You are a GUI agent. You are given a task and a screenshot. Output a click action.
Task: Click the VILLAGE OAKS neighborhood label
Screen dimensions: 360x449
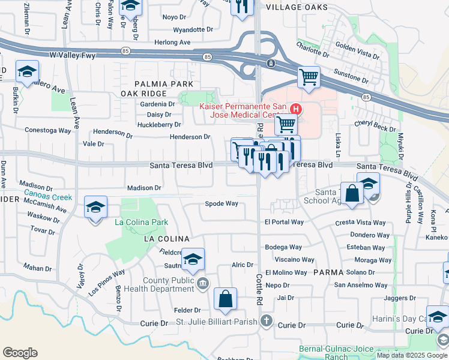tap(297, 7)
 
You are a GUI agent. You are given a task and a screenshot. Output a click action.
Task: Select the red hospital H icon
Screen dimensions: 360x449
tap(295, 109)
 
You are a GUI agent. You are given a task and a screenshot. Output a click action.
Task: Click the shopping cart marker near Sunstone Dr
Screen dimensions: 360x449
tap(309, 77)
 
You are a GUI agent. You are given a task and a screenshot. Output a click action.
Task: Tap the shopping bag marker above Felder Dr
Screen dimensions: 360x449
tap(225, 299)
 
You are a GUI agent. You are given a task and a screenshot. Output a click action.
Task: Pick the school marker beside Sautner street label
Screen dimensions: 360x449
tap(193, 259)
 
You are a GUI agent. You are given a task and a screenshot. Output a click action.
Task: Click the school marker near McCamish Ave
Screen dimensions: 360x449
tap(95, 208)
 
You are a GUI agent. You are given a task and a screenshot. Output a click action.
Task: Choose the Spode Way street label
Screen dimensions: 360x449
tap(221, 203)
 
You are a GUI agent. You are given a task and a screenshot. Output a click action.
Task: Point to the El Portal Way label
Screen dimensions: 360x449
tap(284, 222)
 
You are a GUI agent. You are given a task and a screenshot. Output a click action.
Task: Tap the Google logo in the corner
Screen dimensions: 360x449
tap(20, 353)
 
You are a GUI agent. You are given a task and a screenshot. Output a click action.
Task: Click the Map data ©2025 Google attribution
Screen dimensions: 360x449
tap(412, 355)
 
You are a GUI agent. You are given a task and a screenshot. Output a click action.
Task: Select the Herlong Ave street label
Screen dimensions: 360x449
tap(172, 43)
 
